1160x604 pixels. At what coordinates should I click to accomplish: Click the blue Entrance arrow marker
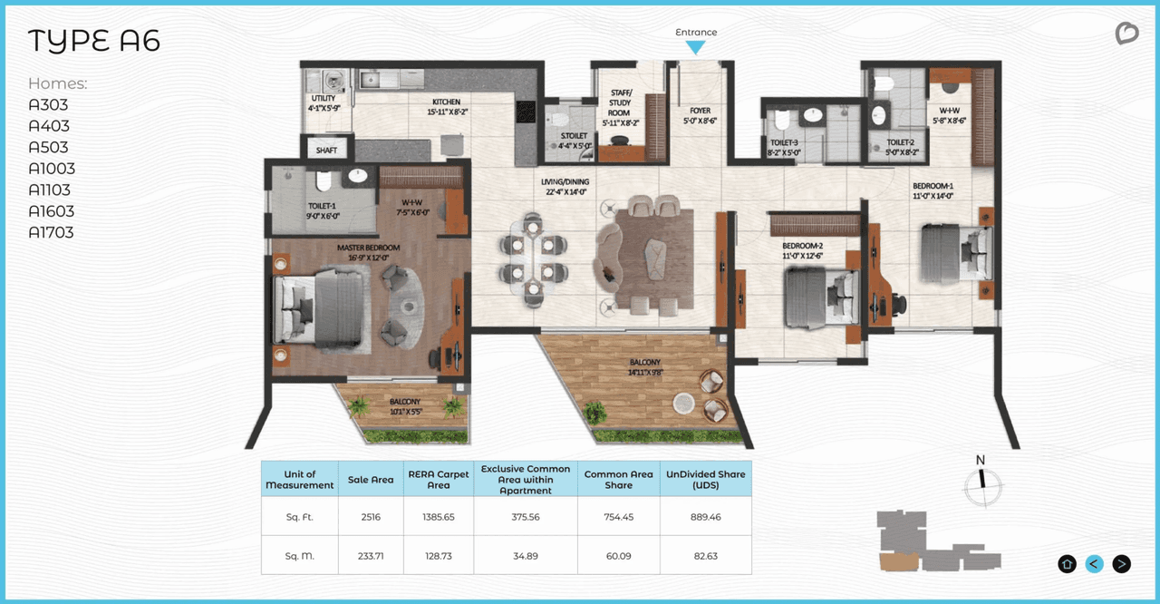(x=695, y=47)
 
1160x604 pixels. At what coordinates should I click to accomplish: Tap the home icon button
(x=1067, y=564)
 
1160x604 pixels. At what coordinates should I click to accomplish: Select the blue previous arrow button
(x=1094, y=564)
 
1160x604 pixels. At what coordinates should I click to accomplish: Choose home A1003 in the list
(x=52, y=169)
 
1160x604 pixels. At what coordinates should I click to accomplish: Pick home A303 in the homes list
(x=49, y=105)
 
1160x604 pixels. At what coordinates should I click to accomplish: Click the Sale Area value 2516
(x=370, y=516)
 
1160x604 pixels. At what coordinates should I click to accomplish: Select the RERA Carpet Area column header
(x=439, y=479)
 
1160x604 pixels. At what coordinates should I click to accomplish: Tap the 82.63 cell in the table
(x=706, y=555)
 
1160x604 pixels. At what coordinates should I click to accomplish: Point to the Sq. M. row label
(x=300, y=555)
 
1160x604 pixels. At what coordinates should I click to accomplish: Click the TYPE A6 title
(x=94, y=42)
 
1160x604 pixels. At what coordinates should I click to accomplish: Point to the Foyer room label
(x=700, y=115)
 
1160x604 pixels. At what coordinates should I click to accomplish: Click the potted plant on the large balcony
(x=595, y=414)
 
